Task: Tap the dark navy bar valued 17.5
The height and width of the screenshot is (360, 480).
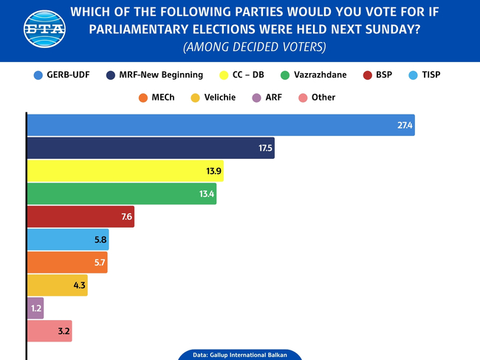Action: (x=151, y=148)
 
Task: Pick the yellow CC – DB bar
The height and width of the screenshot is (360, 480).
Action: (x=125, y=171)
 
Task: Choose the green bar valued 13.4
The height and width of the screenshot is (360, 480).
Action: (x=121, y=194)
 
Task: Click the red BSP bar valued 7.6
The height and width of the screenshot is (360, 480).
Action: (x=80, y=217)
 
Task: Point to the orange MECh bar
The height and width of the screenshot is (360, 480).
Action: (x=67, y=262)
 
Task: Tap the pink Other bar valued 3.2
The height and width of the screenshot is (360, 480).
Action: (x=49, y=330)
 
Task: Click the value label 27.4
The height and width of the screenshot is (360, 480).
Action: (x=405, y=126)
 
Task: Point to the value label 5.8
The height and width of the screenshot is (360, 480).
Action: (x=100, y=240)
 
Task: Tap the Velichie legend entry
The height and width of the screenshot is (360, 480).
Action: (x=219, y=97)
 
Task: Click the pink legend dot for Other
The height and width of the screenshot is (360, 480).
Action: (x=302, y=97)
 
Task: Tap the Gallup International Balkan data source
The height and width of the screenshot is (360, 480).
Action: (x=240, y=355)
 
